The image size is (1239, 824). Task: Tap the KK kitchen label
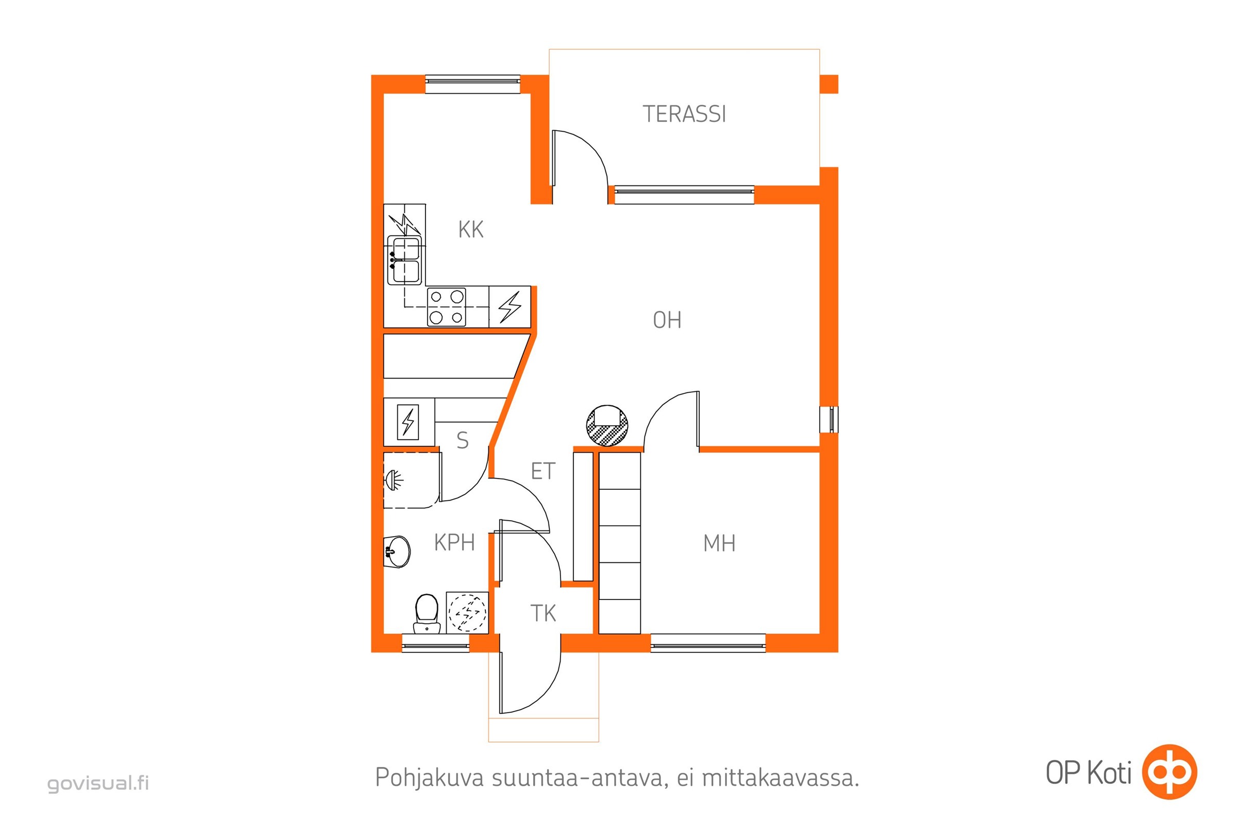point(470,230)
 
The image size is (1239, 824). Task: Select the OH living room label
point(667,320)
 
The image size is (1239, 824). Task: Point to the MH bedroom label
point(719,543)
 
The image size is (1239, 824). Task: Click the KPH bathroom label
point(454,542)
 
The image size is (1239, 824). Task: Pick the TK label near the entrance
point(543,613)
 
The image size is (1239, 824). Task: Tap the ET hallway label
point(543,471)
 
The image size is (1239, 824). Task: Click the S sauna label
point(463,440)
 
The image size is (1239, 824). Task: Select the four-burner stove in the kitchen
point(446,307)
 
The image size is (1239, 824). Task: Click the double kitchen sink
point(404,261)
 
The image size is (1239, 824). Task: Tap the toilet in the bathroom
point(427,613)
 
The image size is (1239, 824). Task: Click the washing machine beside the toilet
point(467,613)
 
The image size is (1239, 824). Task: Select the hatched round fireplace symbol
point(607,426)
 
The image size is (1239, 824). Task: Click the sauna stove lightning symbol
point(408,421)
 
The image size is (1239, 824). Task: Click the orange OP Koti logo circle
point(1169,772)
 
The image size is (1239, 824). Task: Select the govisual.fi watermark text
point(98,783)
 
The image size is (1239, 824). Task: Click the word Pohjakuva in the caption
point(430,778)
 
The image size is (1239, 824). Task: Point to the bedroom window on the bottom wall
point(708,643)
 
